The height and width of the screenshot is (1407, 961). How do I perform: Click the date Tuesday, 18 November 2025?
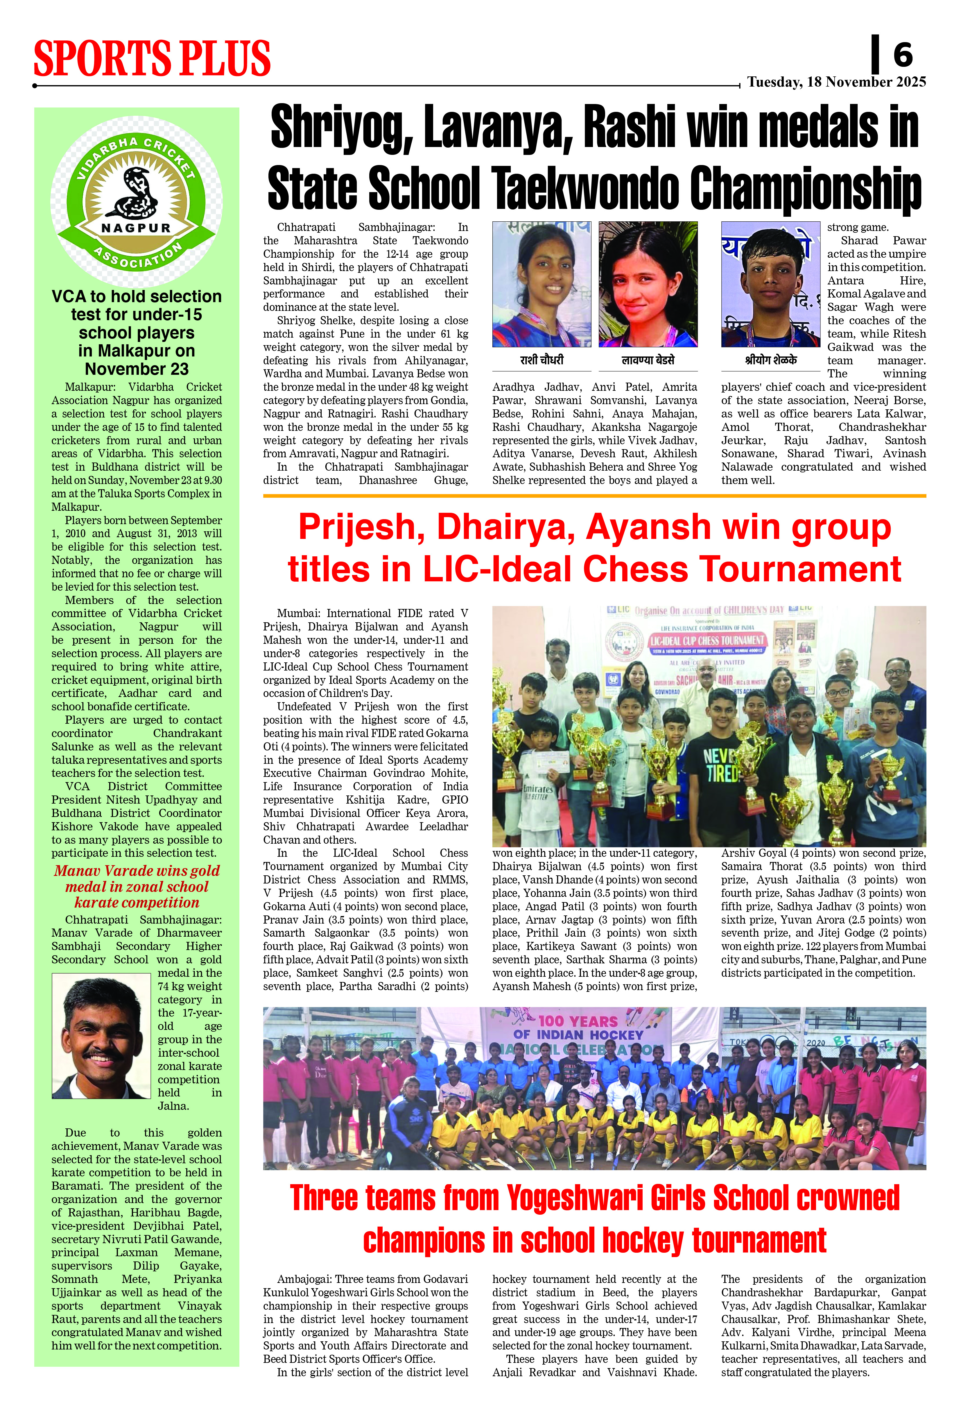pos(836,82)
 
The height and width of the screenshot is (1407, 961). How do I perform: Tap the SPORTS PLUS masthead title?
pos(152,59)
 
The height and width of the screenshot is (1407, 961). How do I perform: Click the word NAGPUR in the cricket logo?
pos(136,228)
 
